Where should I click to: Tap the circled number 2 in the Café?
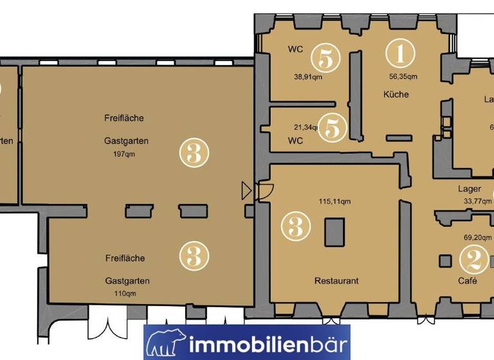(473, 260)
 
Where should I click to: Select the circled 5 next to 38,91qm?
(325, 59)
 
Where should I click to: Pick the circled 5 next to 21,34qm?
(333, 127)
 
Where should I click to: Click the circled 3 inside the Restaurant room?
(296, 226)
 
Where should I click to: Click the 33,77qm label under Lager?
(477, 201)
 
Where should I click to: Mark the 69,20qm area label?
(477, 237)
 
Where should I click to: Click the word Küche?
(396, 94)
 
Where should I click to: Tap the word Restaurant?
(336, 281)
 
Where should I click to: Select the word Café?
(468, 281)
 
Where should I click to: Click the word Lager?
(469, 189)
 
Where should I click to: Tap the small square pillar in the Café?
(444, 260)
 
